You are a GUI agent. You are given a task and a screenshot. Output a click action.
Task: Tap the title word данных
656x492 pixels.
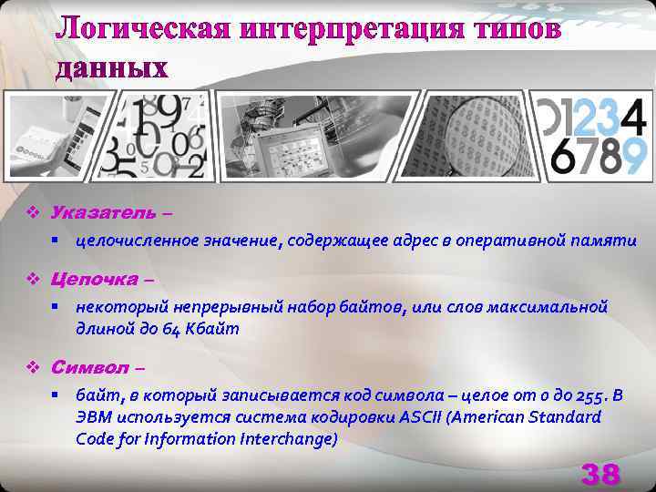coord(112,67)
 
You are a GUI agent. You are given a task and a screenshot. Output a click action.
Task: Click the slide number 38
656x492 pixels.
coord(600,474)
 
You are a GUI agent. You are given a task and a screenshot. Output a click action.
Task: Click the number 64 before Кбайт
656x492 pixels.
coord(152,329)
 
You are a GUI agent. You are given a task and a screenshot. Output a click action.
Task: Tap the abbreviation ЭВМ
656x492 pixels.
coord(95,417)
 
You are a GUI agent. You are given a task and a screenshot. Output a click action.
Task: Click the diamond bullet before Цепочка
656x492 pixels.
coord(32,279)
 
